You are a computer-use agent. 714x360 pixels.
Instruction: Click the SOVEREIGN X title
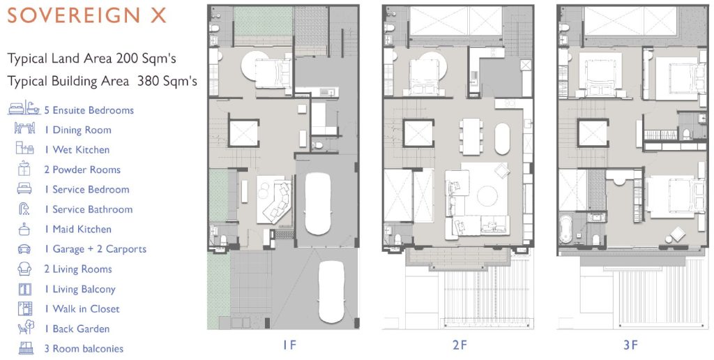86,15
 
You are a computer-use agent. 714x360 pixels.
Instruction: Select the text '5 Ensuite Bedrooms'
89,110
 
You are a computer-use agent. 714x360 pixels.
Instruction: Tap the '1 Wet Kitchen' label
77,150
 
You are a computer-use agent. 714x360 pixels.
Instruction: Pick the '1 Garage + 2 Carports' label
95,249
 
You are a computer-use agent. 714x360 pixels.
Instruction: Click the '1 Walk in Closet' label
82,309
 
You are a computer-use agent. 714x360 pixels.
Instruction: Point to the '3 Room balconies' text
84,349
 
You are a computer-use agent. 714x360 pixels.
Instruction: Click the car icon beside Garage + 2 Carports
24,249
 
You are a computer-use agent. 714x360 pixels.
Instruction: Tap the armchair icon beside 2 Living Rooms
24,269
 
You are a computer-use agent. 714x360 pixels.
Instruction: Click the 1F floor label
289,345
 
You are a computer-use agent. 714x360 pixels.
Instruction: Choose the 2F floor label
460,345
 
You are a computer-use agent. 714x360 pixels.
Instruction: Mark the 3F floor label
630,345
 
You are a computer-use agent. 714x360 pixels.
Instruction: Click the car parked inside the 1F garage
318,204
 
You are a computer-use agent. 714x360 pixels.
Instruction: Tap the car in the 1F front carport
331,292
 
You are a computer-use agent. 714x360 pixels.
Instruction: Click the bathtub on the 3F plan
565,230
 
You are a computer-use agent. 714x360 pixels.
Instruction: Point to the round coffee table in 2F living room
487,196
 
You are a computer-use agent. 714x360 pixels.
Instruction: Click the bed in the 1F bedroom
273,73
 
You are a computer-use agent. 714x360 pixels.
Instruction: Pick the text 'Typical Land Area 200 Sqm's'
91,59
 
